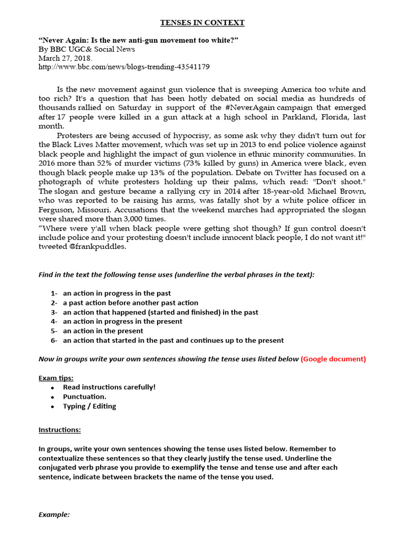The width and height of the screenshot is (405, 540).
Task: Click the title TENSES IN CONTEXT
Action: (x=202, y=23)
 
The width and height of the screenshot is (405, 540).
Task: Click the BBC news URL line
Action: (x=124, y=67)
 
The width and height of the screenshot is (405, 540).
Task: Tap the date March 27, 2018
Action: (x=65, y=58)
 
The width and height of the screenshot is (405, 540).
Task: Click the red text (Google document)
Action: (x=333, y=359)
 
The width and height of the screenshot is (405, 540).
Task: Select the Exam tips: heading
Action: (x=56, y=378)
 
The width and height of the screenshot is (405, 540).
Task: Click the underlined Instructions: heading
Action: (x=60, y=430)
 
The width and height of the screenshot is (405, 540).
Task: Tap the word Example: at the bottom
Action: (x=54, y=514)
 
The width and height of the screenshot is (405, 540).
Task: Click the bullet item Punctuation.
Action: (x=84, y=397)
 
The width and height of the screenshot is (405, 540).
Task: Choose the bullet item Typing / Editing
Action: (x=90, y=406)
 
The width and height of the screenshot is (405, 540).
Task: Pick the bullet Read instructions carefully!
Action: (x=109, y=387)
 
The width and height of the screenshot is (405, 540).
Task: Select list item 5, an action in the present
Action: (x=103, y=331)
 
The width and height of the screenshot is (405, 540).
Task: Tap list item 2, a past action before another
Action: (x=130, y=303)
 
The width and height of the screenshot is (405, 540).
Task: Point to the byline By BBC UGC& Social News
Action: (x=86, y=49)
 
